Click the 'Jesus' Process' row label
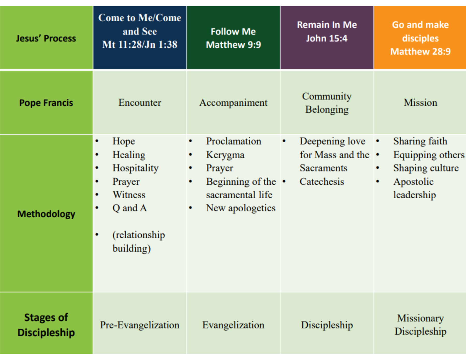46,38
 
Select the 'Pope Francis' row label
46,103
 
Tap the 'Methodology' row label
46,214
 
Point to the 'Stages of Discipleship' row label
46,325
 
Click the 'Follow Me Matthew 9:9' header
233,38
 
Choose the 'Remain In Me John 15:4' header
327,32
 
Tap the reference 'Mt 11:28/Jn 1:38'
140,45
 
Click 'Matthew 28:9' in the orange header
420,52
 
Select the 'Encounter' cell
140,103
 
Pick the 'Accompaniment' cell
233,103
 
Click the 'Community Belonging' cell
327,103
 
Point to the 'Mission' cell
420,103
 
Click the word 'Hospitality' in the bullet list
135,168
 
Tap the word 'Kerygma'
225,155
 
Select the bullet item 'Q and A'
129,208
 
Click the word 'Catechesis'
322,182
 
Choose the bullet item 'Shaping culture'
426,168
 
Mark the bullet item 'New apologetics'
241,208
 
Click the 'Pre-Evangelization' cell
140,325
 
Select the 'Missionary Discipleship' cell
420,325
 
